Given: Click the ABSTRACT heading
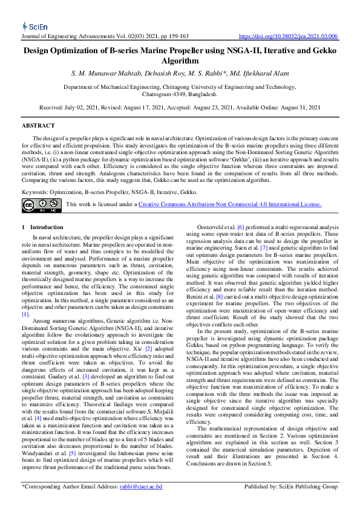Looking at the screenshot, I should pyautogui.click(x=38, y=126).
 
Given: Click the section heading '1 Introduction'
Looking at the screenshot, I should pyautogui.click(x=47, y=227).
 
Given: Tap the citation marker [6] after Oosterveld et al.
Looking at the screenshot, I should pyautogui.click(x=240, y=227).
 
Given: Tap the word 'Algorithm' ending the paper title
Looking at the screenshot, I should pyautogui.click(x=180, y=61).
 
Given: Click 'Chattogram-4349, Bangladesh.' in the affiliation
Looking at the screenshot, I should pyautogui.click(x=180, y=95).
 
